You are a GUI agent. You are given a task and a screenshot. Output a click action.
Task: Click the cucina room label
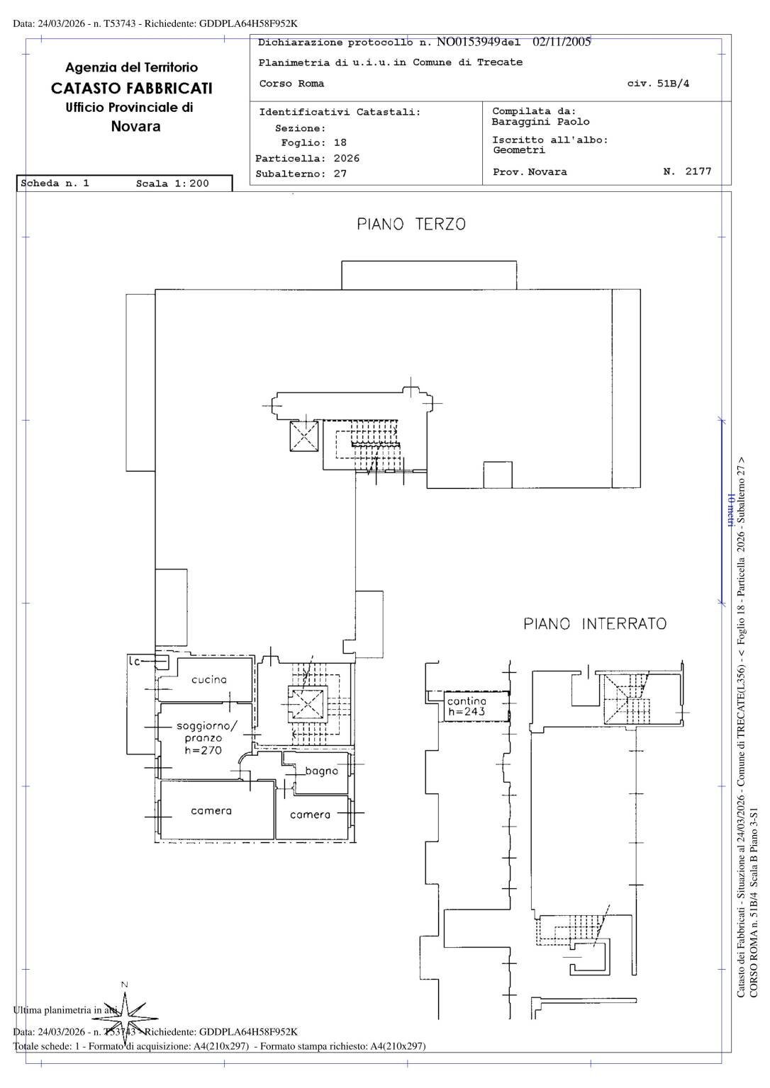209,679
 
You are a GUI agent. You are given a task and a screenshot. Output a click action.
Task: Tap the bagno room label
322,771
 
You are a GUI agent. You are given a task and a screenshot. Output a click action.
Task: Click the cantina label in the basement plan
467,701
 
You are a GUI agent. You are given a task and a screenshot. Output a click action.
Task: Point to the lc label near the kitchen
135,662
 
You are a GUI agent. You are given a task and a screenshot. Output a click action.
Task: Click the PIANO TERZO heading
411,225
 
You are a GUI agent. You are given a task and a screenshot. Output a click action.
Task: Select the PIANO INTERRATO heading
595,624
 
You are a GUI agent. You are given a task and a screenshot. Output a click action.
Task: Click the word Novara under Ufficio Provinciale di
135,127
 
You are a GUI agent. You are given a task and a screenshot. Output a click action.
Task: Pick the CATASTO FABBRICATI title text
132,89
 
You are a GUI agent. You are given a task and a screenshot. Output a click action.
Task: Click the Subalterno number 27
340,174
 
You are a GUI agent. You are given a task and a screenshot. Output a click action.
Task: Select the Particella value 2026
346,159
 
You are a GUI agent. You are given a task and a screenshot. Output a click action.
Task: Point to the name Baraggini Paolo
540,122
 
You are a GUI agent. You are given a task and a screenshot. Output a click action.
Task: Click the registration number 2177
698,171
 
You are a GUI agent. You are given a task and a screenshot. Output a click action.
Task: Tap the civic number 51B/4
673,84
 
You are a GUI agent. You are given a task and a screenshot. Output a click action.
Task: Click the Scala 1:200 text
172,183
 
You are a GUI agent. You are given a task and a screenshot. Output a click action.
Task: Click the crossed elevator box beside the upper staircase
304,435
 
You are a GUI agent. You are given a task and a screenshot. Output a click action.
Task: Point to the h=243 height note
467,712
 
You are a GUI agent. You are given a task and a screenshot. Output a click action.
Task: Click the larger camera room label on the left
211,810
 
